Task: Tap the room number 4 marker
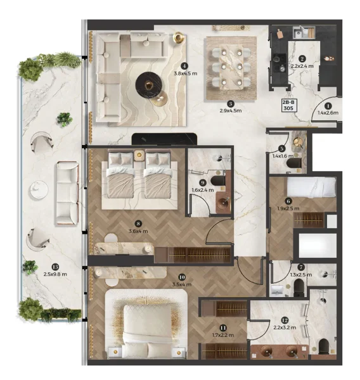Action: point(184,65)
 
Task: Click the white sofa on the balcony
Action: point(67,193)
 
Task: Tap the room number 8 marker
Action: point(138,222)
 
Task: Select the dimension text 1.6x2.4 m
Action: point(202,189)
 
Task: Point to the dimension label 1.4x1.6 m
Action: point(281,155)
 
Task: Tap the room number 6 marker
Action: point(288,200)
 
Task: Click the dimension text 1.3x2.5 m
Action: point(300,274)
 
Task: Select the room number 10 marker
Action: point(182,276)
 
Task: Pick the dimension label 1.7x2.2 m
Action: point(223,335)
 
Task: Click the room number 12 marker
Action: point(285,320)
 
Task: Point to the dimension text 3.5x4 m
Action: point(182,284)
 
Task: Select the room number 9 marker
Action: point(202,181)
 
